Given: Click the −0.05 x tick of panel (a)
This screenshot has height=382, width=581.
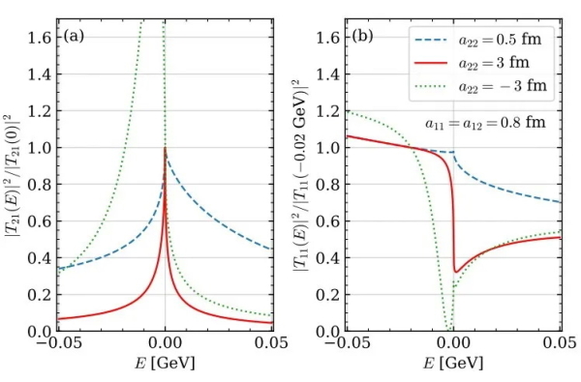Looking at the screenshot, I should pos(55,346).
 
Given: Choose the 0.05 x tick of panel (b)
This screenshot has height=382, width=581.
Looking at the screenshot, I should pos(560,346).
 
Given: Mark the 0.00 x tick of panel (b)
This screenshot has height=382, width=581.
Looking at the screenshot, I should pos(452,346).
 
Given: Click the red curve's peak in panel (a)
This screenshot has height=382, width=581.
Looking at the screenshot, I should pos(166,148).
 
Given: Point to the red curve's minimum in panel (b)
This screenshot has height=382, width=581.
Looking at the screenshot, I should pos(455,272).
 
